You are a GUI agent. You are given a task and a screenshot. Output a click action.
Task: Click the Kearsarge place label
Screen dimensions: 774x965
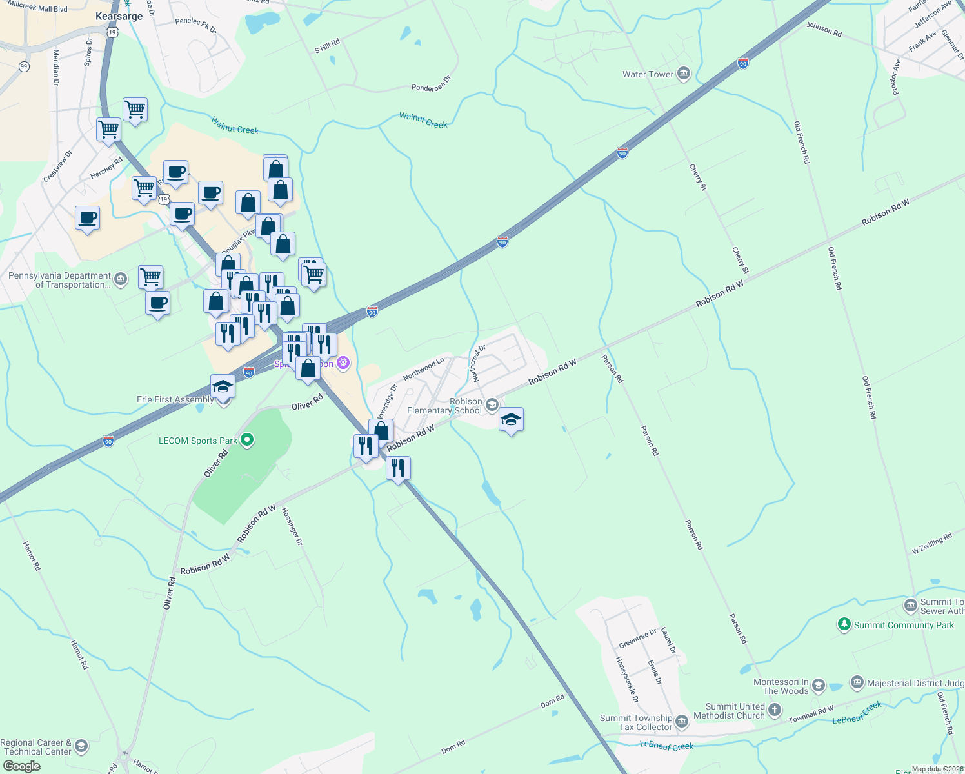tap(119, 16)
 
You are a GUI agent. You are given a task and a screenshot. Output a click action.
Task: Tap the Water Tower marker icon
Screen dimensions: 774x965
tap(684, 74)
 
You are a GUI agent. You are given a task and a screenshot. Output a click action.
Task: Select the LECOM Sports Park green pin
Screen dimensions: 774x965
tap(247, 441)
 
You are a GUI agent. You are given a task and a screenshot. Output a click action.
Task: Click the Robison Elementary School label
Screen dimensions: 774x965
tap(444, 406)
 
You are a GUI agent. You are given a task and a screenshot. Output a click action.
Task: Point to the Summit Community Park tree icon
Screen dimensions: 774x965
tap(844, 624)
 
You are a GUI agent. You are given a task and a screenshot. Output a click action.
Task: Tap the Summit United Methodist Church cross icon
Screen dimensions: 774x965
tap(775, 711)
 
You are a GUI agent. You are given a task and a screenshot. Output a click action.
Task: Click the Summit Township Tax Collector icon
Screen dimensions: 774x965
tap(682, 719)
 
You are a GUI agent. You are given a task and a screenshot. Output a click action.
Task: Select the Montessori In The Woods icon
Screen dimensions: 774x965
tap(819, 685)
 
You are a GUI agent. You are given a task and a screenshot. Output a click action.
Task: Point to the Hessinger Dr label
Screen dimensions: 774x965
tap(292, 526)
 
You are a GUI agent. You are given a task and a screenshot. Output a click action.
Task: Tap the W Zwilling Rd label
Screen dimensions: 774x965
tap(931, 544)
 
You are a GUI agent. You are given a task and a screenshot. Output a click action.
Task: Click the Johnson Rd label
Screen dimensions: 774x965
tap(824, 29)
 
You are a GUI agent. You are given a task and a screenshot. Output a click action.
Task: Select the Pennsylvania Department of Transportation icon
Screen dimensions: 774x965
tap(121, 279)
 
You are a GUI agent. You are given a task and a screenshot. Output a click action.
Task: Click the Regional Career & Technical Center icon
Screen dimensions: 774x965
tap(81, 746)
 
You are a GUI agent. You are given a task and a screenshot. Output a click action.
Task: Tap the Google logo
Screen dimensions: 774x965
tap(21, 766)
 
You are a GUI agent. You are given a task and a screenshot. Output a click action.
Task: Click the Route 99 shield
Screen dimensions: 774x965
tap(24, 66)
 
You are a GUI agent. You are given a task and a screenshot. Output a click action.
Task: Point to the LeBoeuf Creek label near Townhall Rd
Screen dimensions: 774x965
tap(857, 713)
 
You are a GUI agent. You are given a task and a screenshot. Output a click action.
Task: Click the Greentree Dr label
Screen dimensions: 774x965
tap(637, 639)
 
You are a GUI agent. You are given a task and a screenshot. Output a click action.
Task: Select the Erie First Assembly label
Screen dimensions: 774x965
tap(175, 399)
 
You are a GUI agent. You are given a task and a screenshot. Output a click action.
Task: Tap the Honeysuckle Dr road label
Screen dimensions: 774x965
tap(626, 680)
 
